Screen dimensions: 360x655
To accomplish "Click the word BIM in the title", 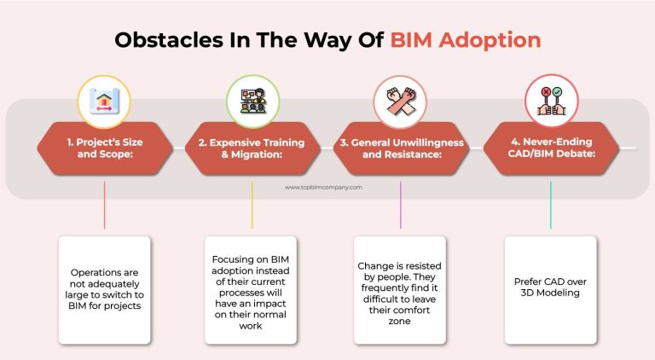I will click(418, 40).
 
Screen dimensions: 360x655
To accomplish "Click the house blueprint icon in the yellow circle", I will click(104, 99).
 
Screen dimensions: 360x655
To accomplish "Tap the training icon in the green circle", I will click(252, 99).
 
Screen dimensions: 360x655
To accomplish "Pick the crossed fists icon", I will click(400, 99).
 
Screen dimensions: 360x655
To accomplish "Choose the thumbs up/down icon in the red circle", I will click(550, 99).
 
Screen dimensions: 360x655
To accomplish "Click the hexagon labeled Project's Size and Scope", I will click(104, 148).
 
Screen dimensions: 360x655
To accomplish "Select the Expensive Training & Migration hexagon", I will click(252, 148).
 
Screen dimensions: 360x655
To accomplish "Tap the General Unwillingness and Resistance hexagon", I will click(400, 148).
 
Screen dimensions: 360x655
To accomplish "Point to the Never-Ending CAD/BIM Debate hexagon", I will click(550, 148).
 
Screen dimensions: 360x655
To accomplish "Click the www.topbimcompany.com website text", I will click(324, 187).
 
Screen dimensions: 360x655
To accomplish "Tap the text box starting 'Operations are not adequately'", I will click(104, 289).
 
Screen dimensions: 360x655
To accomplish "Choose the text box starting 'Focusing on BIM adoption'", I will click(252, 289).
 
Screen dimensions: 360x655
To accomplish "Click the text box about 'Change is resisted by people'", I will click(400, 289).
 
